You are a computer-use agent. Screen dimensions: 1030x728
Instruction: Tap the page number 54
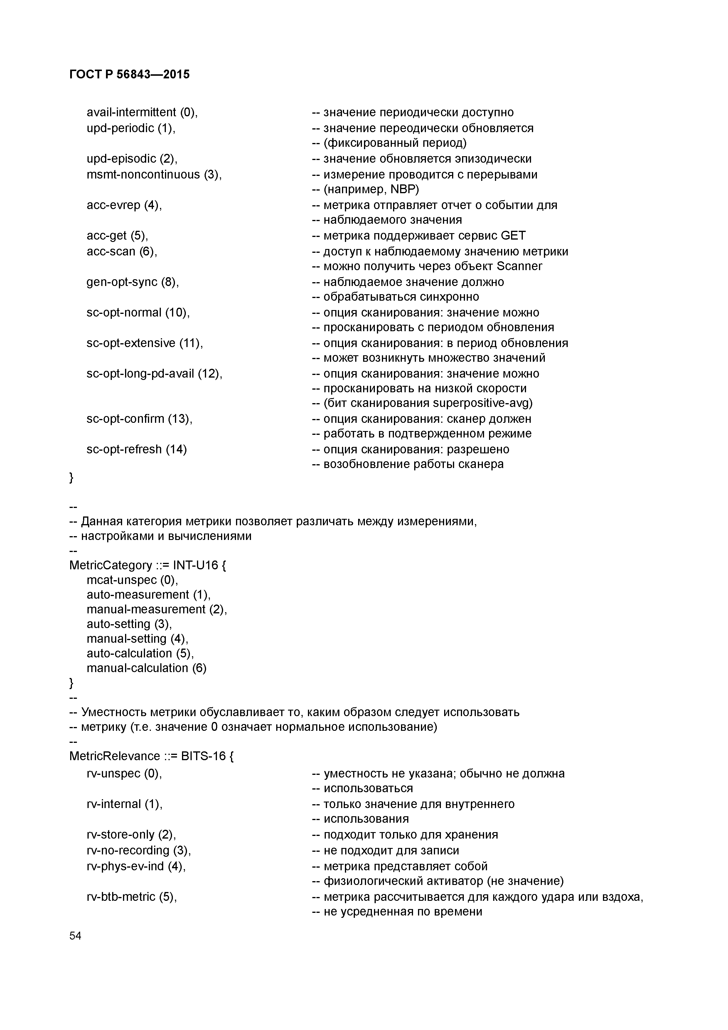[75, 935]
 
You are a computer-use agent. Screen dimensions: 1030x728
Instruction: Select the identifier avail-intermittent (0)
[142, 112]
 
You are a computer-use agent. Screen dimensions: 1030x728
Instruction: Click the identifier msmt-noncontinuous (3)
[154, 174]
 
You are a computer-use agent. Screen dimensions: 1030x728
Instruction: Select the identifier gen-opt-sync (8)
[132, 282]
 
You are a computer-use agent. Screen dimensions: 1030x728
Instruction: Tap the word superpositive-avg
[482, 403]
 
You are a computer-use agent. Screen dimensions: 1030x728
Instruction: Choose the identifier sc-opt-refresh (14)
[136, 450]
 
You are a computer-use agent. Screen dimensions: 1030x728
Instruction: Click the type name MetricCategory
[110, 565]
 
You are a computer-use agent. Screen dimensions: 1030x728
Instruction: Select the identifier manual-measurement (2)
[156, 609]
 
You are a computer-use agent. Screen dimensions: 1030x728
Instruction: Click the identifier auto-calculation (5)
[140, 653]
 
